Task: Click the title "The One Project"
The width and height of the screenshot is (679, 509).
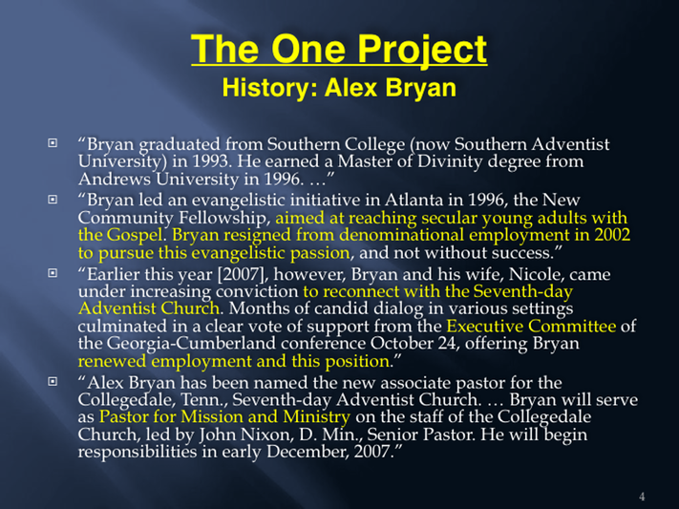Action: tap(339, 51)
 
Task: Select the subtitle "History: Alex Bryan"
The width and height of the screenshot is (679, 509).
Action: tap(339, 88)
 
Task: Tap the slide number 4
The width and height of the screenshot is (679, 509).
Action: tap(642, 497)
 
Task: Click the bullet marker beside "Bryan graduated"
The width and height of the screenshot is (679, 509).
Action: tap(53, 142)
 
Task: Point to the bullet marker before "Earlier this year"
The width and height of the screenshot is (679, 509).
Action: tap(53, 273)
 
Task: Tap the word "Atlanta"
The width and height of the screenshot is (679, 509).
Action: tap(414, 201)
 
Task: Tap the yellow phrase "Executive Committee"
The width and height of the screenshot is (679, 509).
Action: tap(531, 326)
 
